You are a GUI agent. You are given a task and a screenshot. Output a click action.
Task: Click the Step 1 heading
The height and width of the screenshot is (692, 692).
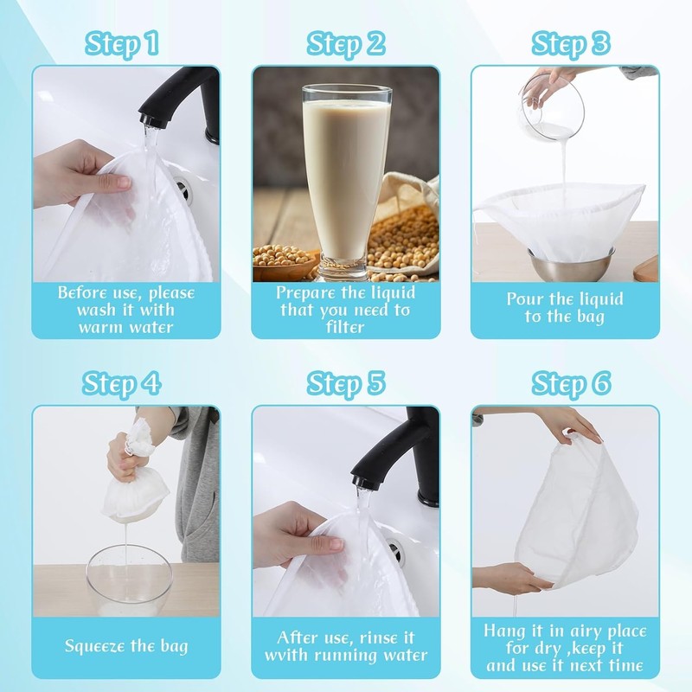click(x=122, y=42)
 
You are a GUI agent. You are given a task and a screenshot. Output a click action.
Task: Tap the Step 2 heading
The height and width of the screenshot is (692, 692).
click(x=346, y=42)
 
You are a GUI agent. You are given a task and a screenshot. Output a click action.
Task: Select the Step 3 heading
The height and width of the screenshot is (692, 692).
click(x=570, y=42)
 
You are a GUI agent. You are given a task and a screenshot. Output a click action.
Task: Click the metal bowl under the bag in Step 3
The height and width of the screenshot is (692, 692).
click(x=571, y=264)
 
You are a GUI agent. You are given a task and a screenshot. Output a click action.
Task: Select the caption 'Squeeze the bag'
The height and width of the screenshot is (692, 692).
click(x=126, y=645)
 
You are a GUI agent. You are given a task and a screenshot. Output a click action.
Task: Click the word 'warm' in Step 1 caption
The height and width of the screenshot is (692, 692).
click(x=100, y=327)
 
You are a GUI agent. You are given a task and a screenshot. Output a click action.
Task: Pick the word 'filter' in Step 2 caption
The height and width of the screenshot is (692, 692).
click(x=346, y=327)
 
